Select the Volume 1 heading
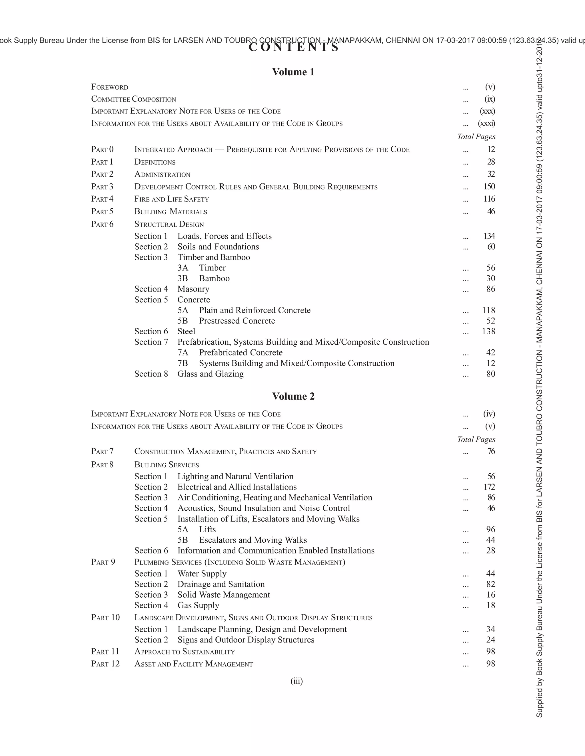pos(293,72)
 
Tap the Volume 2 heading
pos(293,396)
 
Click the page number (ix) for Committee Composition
pos(489,99)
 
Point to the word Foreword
pos(109,87)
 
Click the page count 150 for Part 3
pos(489,187)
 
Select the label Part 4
pos(102,199)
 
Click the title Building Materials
pos(171,211)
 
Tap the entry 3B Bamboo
pos(203,278)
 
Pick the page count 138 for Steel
pos(488,331)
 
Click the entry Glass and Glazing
pos(210,374)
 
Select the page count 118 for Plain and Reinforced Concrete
pos(488,310)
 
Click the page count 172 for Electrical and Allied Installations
pos(489,487)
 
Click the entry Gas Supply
pos(198,605)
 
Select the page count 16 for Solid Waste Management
pos(490,595)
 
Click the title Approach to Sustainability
pos(184,652)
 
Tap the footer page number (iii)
pos(297,681)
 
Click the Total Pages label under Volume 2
pos(476,439)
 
